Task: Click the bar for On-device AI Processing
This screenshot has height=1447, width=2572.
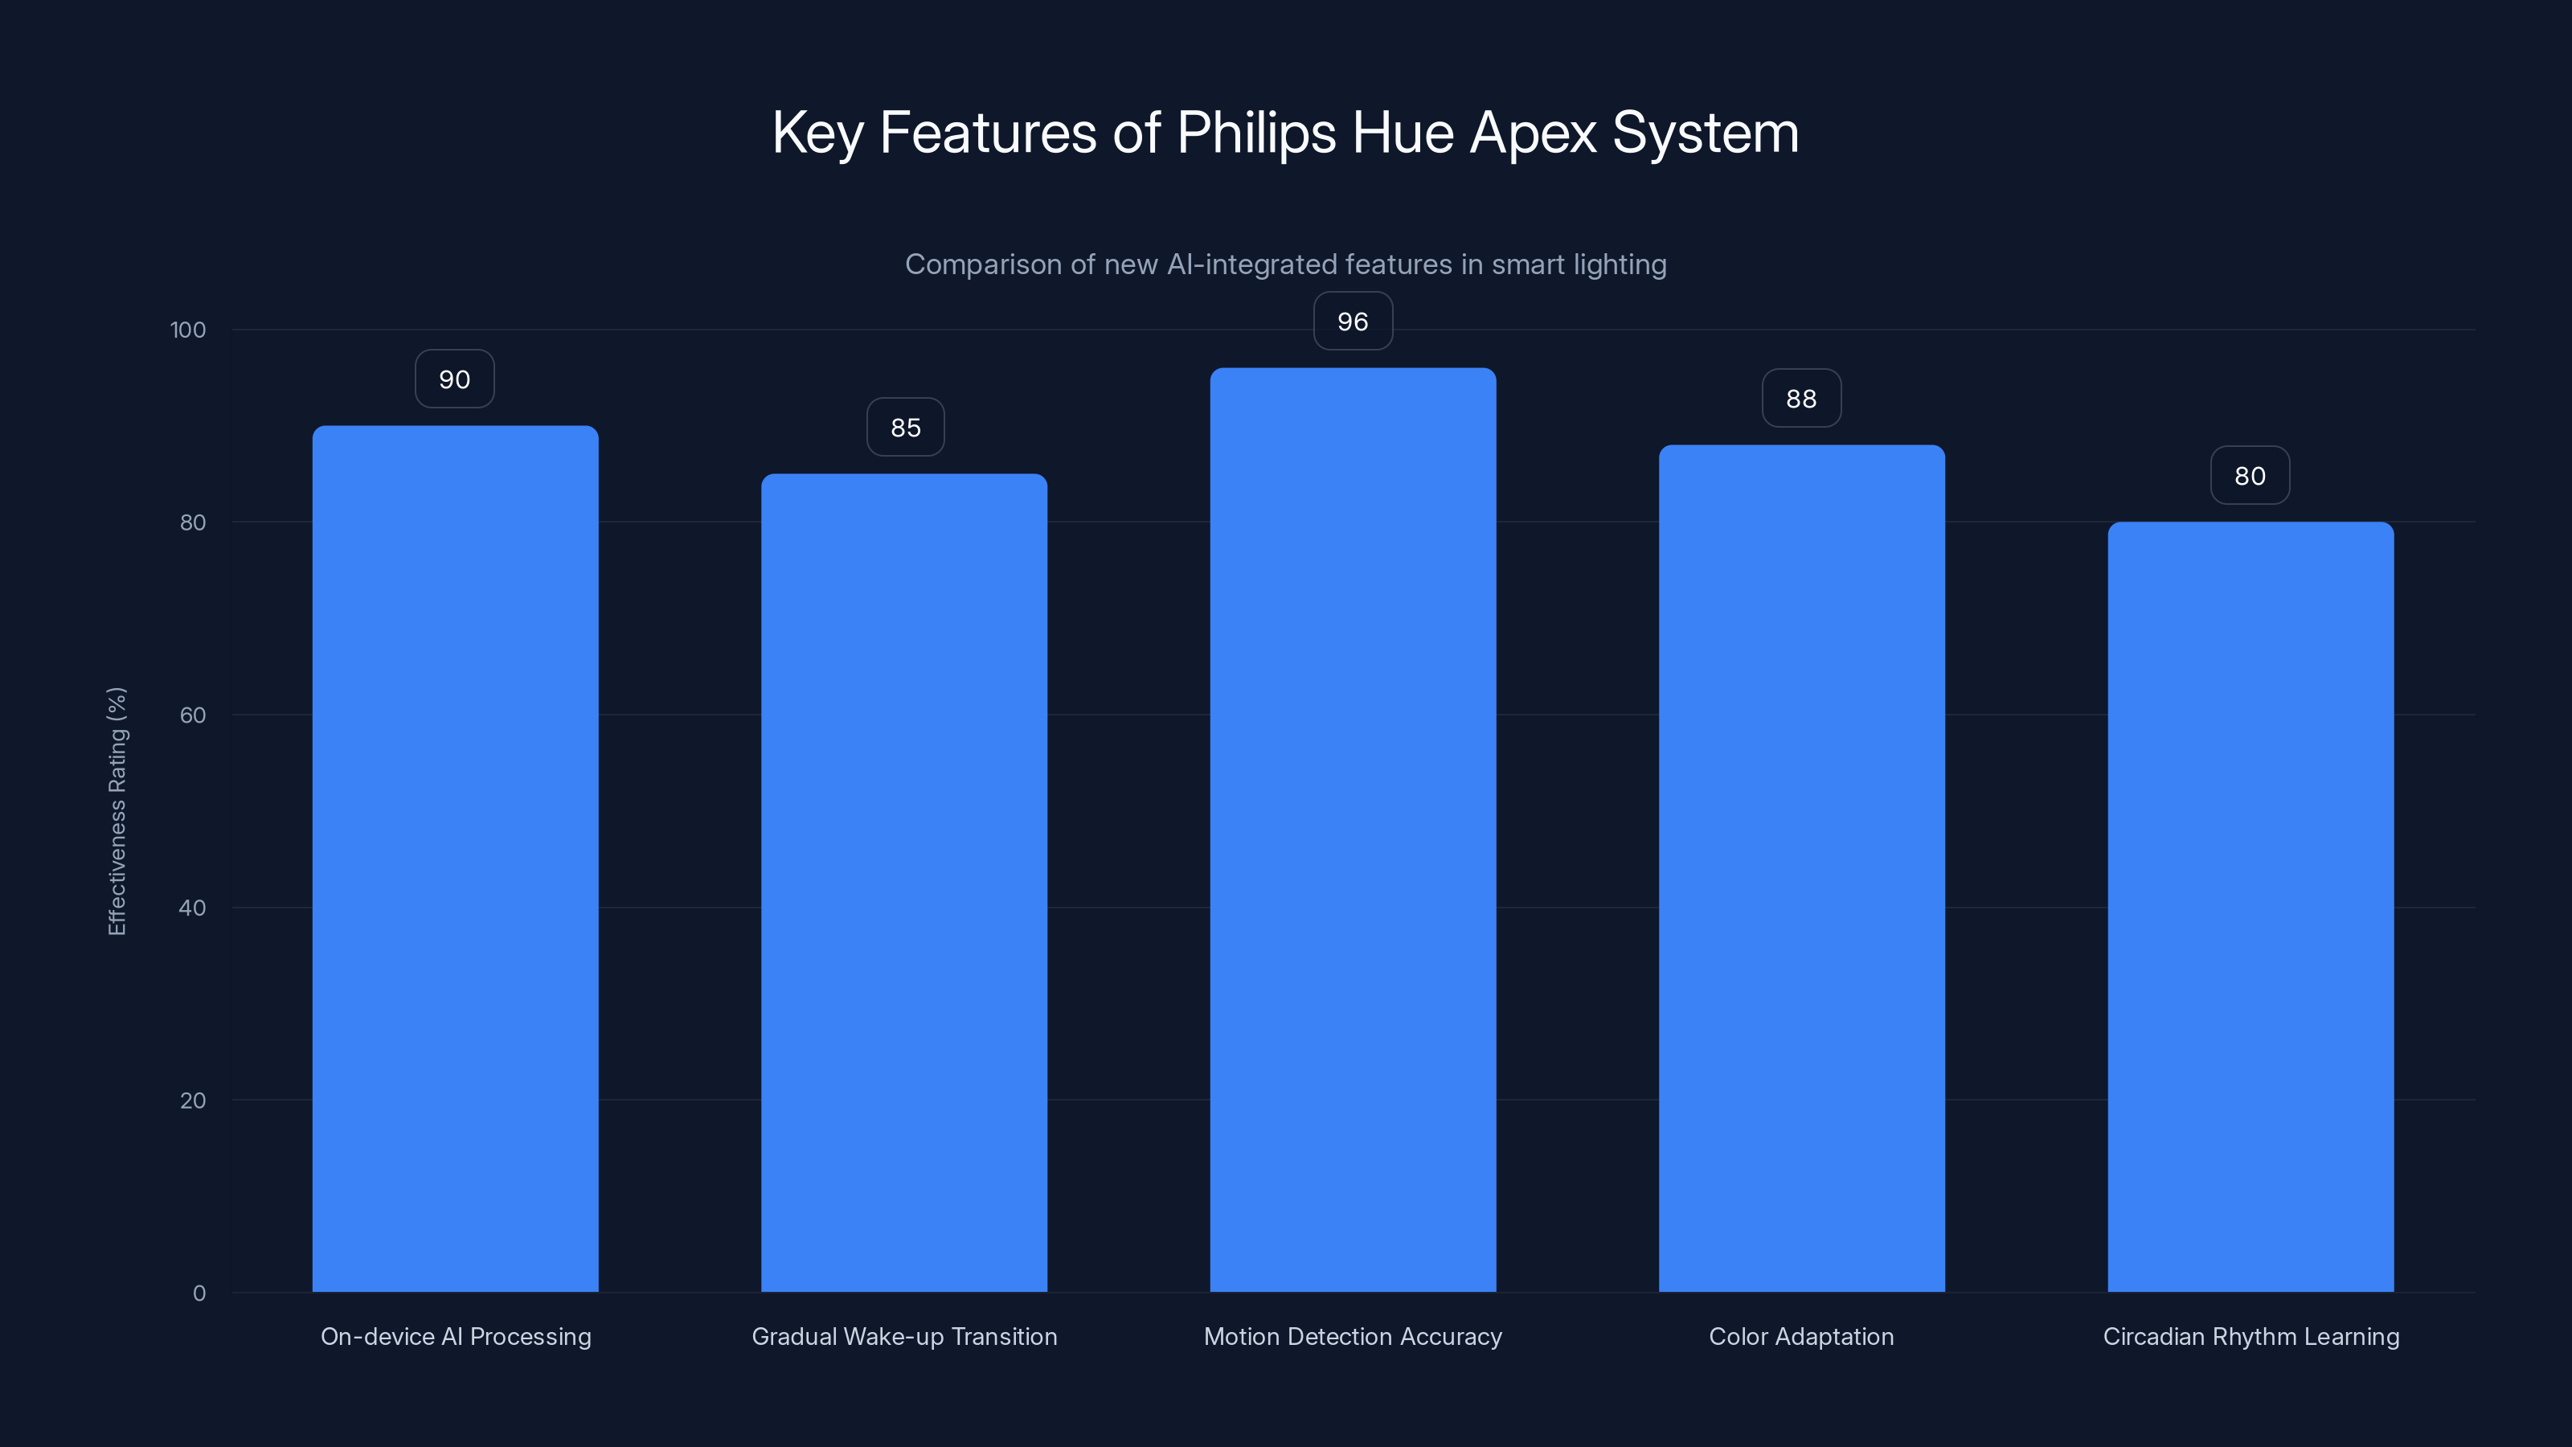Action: pyautogui.click(x=455, y=859)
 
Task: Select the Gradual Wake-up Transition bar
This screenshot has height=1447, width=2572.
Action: pyautogui.click(x=903, y=883)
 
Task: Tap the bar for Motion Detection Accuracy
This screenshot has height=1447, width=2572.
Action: pyautogui.click(x=1353, y=830)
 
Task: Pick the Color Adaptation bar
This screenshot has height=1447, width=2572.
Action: pyautogui.click(x=1801, y=868)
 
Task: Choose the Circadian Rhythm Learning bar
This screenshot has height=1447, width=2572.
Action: pyautogui.click(x=2250, y=907)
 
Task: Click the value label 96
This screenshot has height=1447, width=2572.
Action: pyautogui.click(x=1353, y=322)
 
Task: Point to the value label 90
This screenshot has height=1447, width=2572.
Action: pyautogui.click(x=454, y=379)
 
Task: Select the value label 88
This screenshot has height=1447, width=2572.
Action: pyautogui.click(x=1801, y=399)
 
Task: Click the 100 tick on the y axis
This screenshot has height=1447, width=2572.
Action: pyautogui.click(x=188, y=330)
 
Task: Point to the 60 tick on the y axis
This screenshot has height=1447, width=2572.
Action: pyautogui.click(x=193, y=715)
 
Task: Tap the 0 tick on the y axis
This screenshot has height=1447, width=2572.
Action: pyautogui.click(x=199, y=1293)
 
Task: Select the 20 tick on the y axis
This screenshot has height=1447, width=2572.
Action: pyautogui.click(x=193, y=1101)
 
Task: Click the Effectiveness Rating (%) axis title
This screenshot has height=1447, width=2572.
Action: pyautogui.click(x=117, y=811)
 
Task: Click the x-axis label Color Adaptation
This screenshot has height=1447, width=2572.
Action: pyautogui.click(x=1801, y=1336)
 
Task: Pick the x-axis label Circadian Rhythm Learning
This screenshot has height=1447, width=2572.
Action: pyautogui.click(x=2250, y=1336)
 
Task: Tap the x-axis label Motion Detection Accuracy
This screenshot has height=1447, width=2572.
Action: pyautogui.click(x=1353, y=1336)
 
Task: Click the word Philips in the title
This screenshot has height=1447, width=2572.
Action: pyautogui.click(x=1256, y=133)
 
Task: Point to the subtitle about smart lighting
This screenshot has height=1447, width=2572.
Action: pyautogui.click(x=1285, y=264)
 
